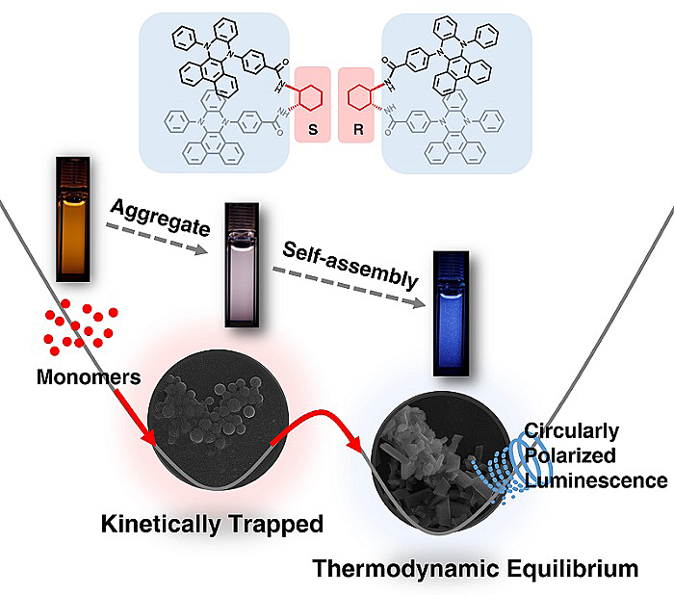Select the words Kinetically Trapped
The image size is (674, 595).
211,525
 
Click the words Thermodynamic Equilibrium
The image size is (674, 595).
474,569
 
